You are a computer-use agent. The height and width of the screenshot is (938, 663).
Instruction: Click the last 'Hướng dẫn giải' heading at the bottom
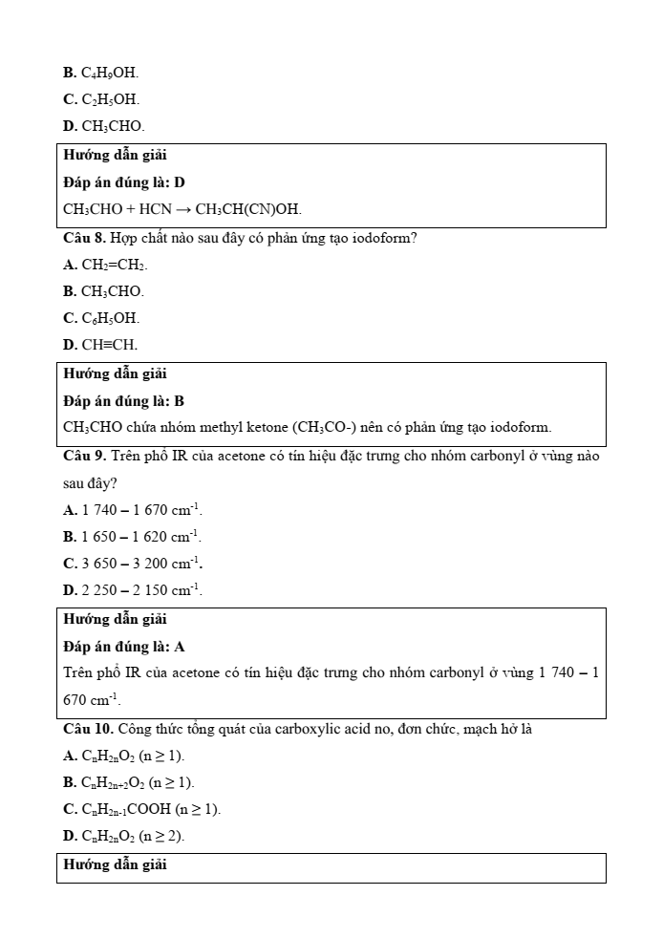pos(115,865)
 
